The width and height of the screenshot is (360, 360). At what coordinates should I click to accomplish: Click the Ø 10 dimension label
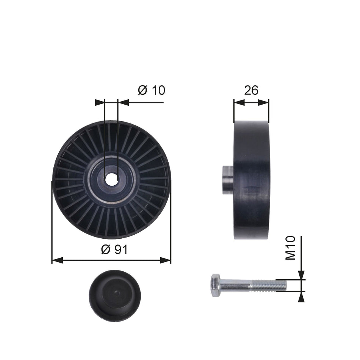pyautogui.click(x=151, y=90)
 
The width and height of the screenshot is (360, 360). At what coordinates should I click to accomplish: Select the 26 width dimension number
pyautogui.click(x=251, y=90)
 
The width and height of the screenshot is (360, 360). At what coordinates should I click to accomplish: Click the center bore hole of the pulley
pyautogui.click(x=111, y=180)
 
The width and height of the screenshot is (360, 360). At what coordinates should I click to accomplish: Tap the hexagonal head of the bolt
pyautogui.click(x=215, y=285)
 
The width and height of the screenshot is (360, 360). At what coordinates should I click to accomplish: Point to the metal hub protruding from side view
pyautogui.click(x=228, y=180)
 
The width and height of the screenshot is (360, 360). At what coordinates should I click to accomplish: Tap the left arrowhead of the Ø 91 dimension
pyautogui.click(x=56, y=260)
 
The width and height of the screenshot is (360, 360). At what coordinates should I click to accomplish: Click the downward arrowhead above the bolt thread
pyautogui.click(x=301, y=275)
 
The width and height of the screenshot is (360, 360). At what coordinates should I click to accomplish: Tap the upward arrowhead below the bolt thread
pyautogui.click(x=301, y=297)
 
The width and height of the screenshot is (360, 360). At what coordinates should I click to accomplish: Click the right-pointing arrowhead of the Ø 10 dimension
pyautogui.click(x=100, y=102)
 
